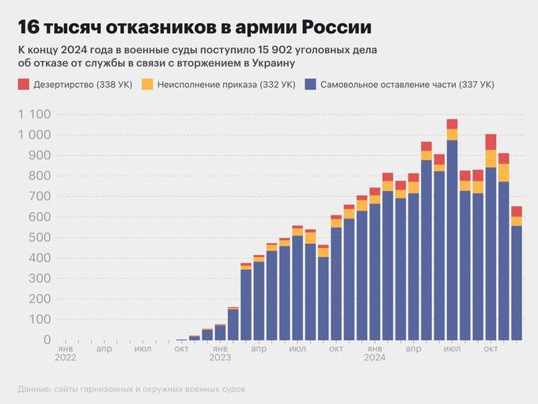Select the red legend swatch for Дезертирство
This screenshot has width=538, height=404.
pos(23,84)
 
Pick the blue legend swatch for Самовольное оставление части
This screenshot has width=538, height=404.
pos(309,84)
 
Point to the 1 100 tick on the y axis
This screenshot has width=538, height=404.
pos(33,115)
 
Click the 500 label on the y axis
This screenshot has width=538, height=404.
pos(39,237)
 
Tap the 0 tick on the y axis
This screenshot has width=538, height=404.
pos(46,339)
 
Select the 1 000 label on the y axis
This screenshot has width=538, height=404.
pos(33,135)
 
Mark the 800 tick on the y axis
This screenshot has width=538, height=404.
pos(39,176)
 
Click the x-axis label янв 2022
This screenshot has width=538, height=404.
pos(66,353)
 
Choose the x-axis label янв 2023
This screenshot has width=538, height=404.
pos(220,353)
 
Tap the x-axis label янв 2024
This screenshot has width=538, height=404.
pos(374,353)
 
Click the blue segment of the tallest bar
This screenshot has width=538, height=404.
pos(452,238)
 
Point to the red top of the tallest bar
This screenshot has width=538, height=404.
pos(452,124)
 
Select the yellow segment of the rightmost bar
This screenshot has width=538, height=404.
pos(516,221)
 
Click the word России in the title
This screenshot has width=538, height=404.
pos(338,28)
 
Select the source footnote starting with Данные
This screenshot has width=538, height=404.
pos(131,389)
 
